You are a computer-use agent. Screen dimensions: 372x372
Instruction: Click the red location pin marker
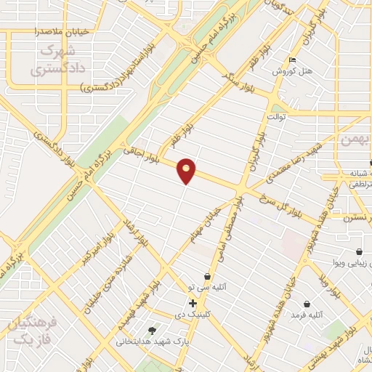[187, 171]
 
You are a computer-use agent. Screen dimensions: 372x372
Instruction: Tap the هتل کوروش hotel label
[291, 72]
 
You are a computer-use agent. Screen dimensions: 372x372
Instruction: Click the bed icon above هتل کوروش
[292, 60]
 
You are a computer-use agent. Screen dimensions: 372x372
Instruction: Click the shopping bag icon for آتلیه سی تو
[209, 277]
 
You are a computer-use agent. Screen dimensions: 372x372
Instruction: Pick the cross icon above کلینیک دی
[192, 303]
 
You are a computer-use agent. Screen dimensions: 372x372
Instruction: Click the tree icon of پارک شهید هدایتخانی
[152, 331]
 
